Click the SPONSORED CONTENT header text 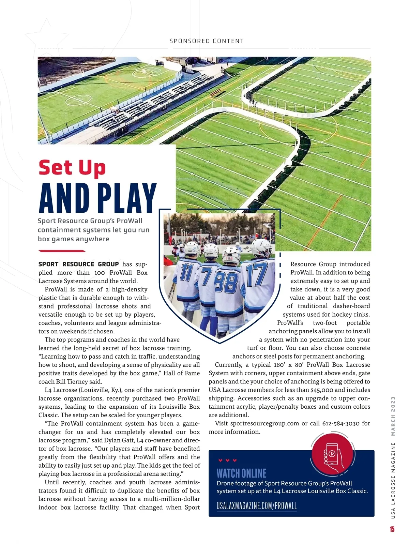click(207, 41)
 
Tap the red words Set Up click(72, 168)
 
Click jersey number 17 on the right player click(256, 275)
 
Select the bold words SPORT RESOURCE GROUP click(78, 264)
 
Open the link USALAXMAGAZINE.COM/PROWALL click(257, 506)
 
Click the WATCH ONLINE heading click(241, 473)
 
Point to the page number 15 click(392, 529)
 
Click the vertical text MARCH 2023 click(393, 416)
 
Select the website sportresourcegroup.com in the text click(264, 423)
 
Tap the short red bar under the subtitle click(62, 251)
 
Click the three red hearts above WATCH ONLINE click(227, 460)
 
